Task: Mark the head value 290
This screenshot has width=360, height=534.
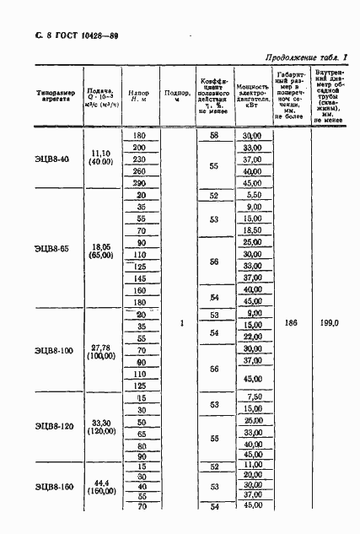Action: pyautogui.click(x=140, y=183)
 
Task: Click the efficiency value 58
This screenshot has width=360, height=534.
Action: pyautogui.click(x=214, y=136)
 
